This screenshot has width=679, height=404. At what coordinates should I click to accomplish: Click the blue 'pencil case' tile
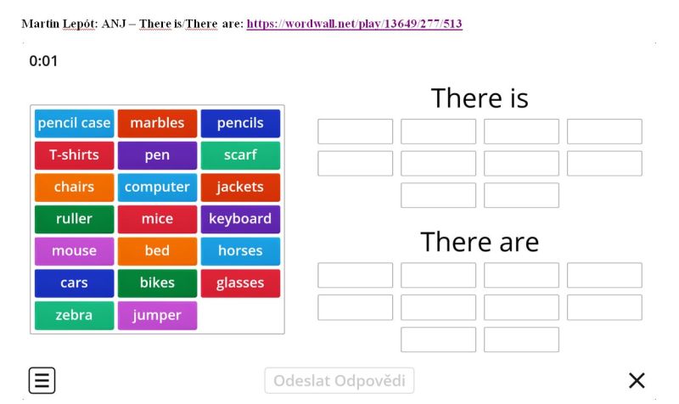click(74, 123)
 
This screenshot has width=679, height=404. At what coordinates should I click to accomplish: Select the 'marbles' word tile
click(157, 123)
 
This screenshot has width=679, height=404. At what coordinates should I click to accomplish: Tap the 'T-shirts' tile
click(74, 155)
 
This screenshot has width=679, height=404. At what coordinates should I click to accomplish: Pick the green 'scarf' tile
click(240, 155)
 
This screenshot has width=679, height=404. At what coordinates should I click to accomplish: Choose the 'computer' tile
click(157, 188)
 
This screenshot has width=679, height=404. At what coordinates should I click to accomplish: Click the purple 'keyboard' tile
click(240, 220)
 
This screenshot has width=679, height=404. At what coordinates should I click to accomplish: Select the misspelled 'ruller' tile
click(74, 220)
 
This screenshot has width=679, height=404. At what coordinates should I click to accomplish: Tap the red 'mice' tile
click(157, 220)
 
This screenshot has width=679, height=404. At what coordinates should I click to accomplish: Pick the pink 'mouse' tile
click(74, 251)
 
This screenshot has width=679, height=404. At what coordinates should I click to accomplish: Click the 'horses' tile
click(240, 251)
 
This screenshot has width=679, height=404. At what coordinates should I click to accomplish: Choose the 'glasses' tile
click(240, 283)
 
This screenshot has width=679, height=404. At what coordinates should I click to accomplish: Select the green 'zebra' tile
click(74, 315)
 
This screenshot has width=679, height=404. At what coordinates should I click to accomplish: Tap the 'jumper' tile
click(157, 315)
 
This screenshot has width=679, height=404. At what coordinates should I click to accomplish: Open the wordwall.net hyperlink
click(354, 24)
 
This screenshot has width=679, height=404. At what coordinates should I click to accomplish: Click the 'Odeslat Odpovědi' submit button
click(339, 380)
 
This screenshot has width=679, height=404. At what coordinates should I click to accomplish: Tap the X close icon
click(637, 380)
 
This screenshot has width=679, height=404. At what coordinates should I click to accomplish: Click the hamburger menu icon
click(42, 380)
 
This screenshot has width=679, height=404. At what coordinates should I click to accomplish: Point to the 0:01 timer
click(43, 61)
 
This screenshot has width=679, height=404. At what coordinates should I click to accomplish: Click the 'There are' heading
click(480, 242)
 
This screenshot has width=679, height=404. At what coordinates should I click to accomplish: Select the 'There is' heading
click(480, 98)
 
